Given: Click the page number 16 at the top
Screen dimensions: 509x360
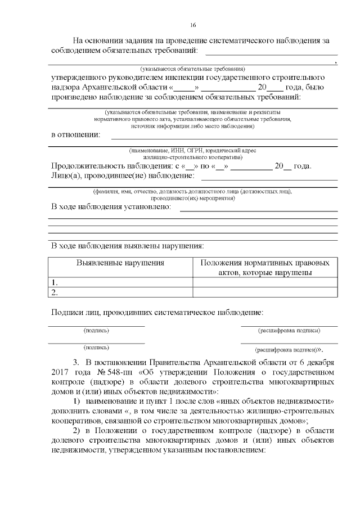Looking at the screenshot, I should pyautogui.click(x=193, y=25).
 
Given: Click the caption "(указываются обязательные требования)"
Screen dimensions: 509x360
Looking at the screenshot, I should pyautogui.click(x=193, y=68).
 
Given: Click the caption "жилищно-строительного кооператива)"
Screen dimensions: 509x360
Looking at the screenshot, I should pyautogui.click(x=193, y=157).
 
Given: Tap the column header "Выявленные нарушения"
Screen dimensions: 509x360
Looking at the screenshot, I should pyautogui.click(x=120, y=263).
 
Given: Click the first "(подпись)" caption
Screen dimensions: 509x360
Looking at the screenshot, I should pyautogui.click(x=96, y=330).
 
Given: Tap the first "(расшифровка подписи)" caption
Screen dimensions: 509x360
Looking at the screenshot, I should pyautogui.click(x=289, y=330).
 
